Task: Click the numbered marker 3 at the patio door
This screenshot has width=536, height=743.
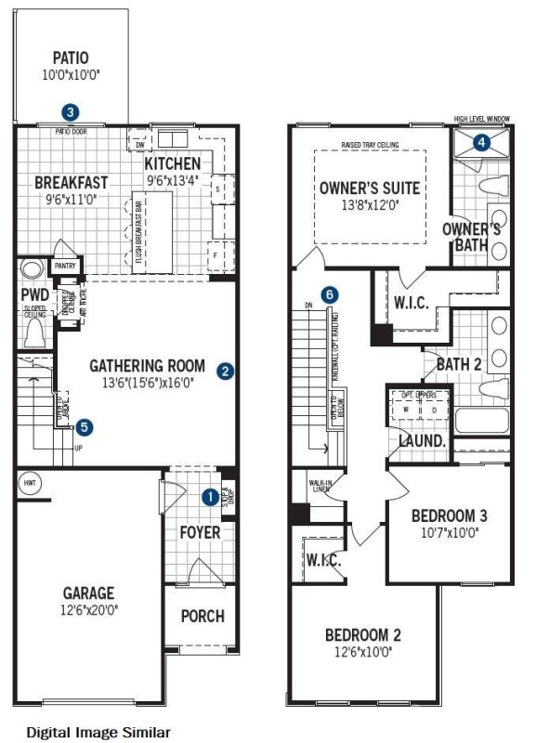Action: (x=70, y=111)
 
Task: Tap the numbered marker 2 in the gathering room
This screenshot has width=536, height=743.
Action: (x=224, y=371)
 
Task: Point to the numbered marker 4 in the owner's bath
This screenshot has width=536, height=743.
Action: (x=480, y=142)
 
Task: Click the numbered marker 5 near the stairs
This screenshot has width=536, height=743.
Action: (x=85, y=427)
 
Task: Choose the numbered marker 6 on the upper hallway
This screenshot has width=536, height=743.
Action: (x=332, y=294)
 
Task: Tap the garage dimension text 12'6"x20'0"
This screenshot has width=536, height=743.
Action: (x=88, y=610)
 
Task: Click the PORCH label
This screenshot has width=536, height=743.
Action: (x=202, y=616)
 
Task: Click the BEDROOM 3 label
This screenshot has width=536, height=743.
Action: (x=449, y=515)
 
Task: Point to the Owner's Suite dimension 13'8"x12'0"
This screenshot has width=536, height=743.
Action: (x=369, y=206)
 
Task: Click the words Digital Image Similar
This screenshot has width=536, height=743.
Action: (x=98, y=732)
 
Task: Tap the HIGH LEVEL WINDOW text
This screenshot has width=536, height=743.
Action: (x=482, y=119)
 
